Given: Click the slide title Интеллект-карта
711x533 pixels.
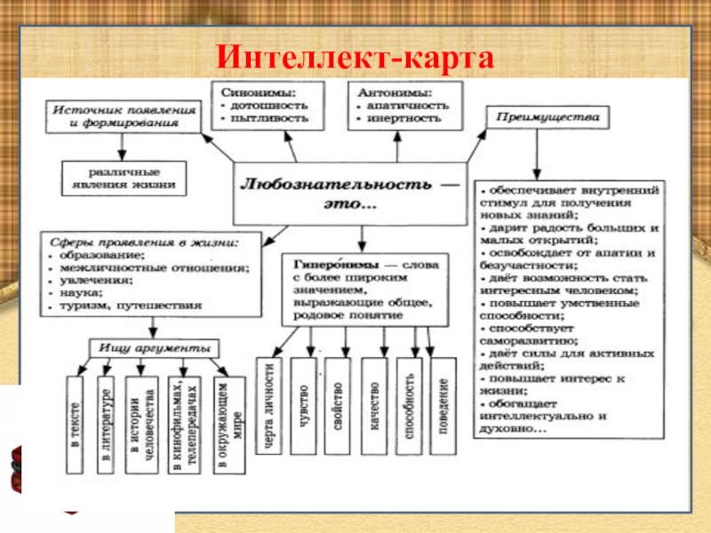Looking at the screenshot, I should click(x=355, y=57).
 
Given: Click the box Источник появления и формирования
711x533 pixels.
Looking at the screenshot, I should click(x=122, y=116).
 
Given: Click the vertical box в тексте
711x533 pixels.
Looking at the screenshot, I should click(x=74, y=423).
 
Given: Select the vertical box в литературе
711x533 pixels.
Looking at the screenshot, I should click(x=105, y=423).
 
